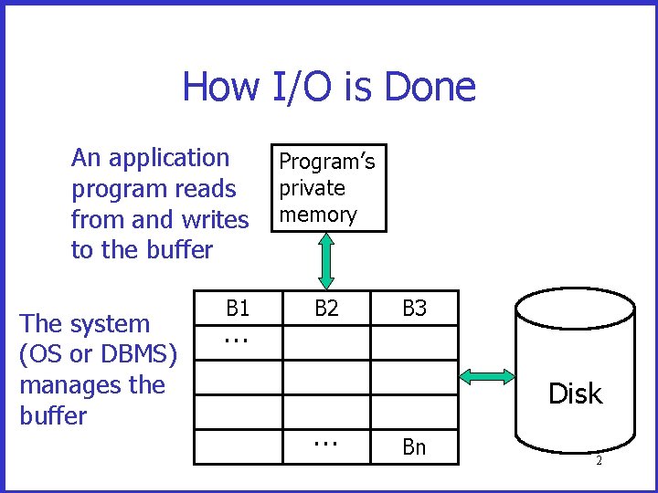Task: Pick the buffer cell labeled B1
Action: pos(238,309)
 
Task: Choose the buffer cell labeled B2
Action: pos(326,309)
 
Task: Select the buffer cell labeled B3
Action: pos(414,309)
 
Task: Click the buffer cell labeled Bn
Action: pos(414,446)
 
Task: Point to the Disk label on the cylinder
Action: pos(575,393)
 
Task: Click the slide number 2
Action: pos(599,461)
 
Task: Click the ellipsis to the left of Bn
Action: pos(324,443)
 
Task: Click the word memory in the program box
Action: pos(318,215)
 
